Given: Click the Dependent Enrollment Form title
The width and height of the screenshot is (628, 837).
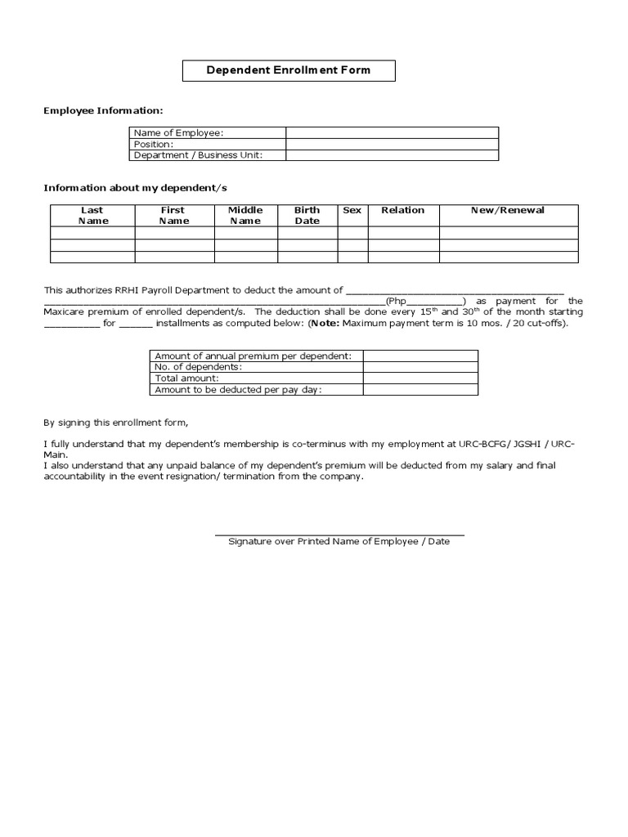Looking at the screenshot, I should click(x=288, y=70).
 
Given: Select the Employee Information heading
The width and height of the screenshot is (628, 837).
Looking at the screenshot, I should click(x=103, y=110).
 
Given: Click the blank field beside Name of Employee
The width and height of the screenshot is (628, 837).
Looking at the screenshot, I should click(x=392, y=132).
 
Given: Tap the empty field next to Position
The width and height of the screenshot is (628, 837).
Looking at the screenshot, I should click(x=392, y=144).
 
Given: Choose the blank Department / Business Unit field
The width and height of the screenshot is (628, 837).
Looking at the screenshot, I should click(x=392, y=155).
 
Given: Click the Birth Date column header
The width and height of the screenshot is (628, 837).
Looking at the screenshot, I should click(x=307, y=215).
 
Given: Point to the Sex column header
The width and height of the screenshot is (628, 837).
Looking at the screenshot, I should click(x=352, y=210).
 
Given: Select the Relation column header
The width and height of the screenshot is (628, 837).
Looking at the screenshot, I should click(x=403, y=210).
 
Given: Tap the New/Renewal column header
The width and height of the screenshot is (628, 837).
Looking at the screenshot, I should click(x=508, y=210).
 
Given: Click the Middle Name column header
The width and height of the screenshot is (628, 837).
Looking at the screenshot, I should click(x=245, y=215).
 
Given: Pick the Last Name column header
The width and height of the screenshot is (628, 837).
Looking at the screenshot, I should click(x=92, y=215).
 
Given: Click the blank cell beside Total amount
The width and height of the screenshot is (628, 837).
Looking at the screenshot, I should click(x=420, y=378).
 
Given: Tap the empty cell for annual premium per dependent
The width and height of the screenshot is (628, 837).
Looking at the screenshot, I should click(x=420, y=356).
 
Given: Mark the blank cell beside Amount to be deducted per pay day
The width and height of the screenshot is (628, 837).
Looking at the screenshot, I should click(x=420, y=390).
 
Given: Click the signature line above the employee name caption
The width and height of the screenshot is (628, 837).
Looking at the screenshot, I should click(x=339, y=535).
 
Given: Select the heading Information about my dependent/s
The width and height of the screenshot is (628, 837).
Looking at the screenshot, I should click(x=136, y=188).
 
